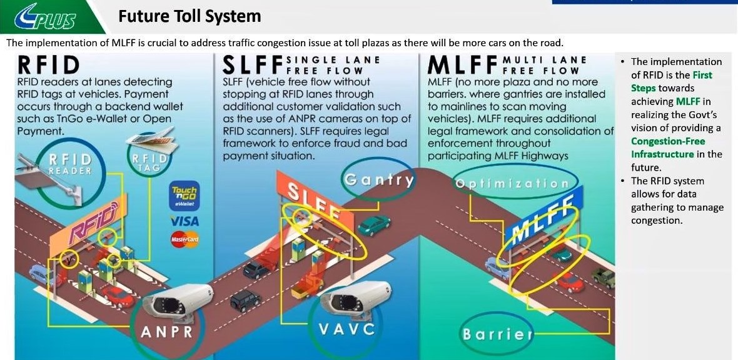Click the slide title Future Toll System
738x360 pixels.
coord(190,16)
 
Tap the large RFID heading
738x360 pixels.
coord(49,66)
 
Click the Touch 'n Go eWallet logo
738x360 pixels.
coord(184,196)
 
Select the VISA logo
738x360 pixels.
coord(184,221)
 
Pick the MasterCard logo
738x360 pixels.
coord(184,239)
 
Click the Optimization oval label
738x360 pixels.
coord(512,184)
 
